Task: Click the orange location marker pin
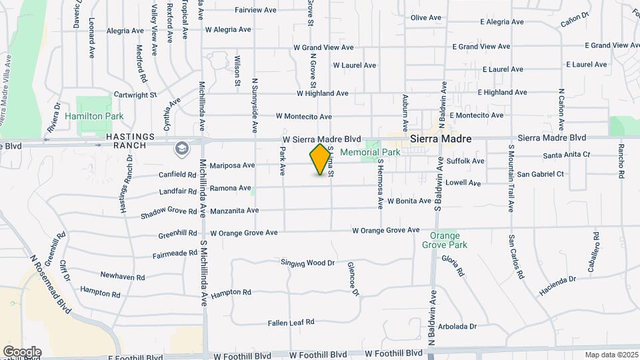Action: pyautogui.click(x=321, y=159)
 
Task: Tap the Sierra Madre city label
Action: pyautogui.click(x=441, y=139)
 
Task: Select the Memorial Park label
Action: pyautogui.click(x=370, y=152)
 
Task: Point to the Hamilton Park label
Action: pyautogui.click(x=95, y=116)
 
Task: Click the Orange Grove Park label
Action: pyautogui.click(x=445, y=240)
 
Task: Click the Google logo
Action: pyautogui.click(x=21, y=351)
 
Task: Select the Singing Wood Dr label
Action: pyautogui.click(x=307, y=263)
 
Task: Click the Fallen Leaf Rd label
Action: pyautogui.click(x=291, y=323)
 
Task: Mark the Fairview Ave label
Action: pyautogui.click(x=255, y=10)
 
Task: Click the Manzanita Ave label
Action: pyautogui.click(x=234, y=211)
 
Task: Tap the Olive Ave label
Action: pyautogui.click(x=426, y=17)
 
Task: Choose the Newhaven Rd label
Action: pyautogui.click(x=123, y=276)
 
